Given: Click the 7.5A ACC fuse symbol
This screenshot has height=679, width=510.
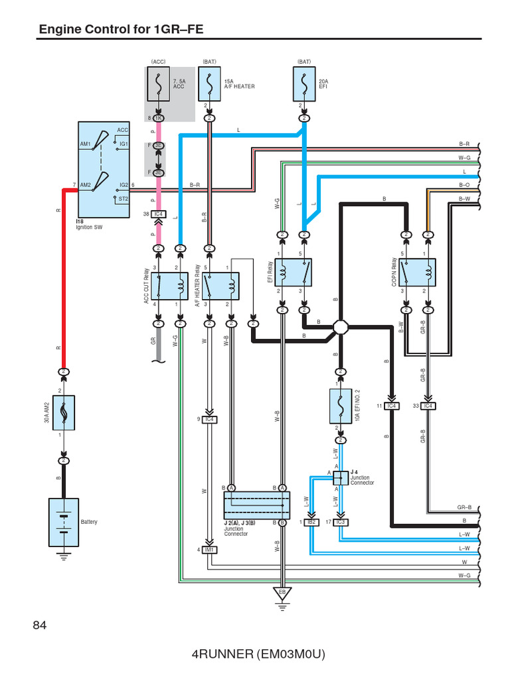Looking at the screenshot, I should click(x=158, y=83).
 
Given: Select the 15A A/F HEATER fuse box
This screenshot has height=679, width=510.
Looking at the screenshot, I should click(x=210, y=83).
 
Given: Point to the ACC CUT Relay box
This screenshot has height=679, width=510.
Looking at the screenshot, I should click(x=169, y=285).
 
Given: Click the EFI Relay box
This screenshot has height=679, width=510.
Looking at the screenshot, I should click(x=293, y=273).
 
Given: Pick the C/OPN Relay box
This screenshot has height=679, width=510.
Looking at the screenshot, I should click(x=416, y=273).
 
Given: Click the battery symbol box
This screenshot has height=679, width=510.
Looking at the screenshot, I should click(x=63, y=522).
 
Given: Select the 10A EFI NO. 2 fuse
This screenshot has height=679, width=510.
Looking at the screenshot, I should click(x=340, y=406).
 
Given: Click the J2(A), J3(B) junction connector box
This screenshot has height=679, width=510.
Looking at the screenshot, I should click(x=257, y=505).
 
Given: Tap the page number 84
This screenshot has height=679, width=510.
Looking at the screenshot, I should click(x=41, y=625).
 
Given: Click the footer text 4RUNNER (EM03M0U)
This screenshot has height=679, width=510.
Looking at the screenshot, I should click(x=259, y=654).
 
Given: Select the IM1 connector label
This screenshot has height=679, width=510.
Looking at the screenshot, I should click(x=210, y=549).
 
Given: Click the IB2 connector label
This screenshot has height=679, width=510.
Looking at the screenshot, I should click(x=311, y=523).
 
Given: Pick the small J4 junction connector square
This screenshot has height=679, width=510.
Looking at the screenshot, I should click(x=337, y=478).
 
